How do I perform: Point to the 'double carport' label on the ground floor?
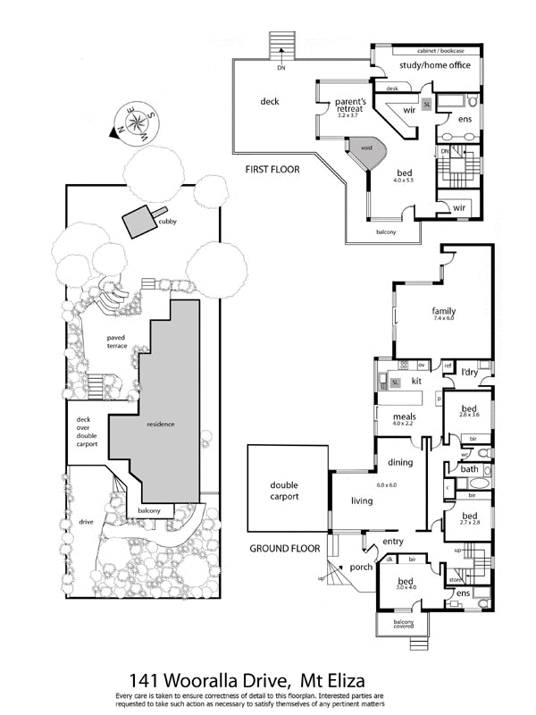(284, 492)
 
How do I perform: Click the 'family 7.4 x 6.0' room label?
(443, 314)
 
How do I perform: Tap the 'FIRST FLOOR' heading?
(273, 168)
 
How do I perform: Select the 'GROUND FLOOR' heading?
(284, 548)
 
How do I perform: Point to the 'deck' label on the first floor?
(269, 101)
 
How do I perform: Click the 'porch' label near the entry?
(361, 567)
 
